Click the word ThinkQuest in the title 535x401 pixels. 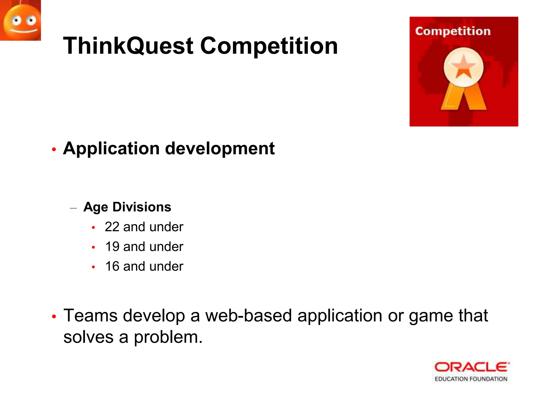(128, 46)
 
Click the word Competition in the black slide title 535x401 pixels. (269, 46)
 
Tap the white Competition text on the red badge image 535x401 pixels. (453, 31)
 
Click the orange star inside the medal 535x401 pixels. (463, 67)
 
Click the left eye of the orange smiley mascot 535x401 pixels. (16, 20)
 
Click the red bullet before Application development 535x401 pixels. (54, 150)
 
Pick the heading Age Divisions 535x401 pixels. (127, 207)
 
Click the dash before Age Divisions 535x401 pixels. (73, 208)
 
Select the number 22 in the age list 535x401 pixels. (112, 227)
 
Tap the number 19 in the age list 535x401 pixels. (112, 247)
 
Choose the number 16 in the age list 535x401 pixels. (112, 267)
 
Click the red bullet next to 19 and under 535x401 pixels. (93, 247)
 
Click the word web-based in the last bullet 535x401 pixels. (248, 316)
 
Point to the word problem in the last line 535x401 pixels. (168, 337)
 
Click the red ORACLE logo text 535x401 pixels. (472, 367)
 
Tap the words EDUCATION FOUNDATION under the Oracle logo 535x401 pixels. (471, 379)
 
